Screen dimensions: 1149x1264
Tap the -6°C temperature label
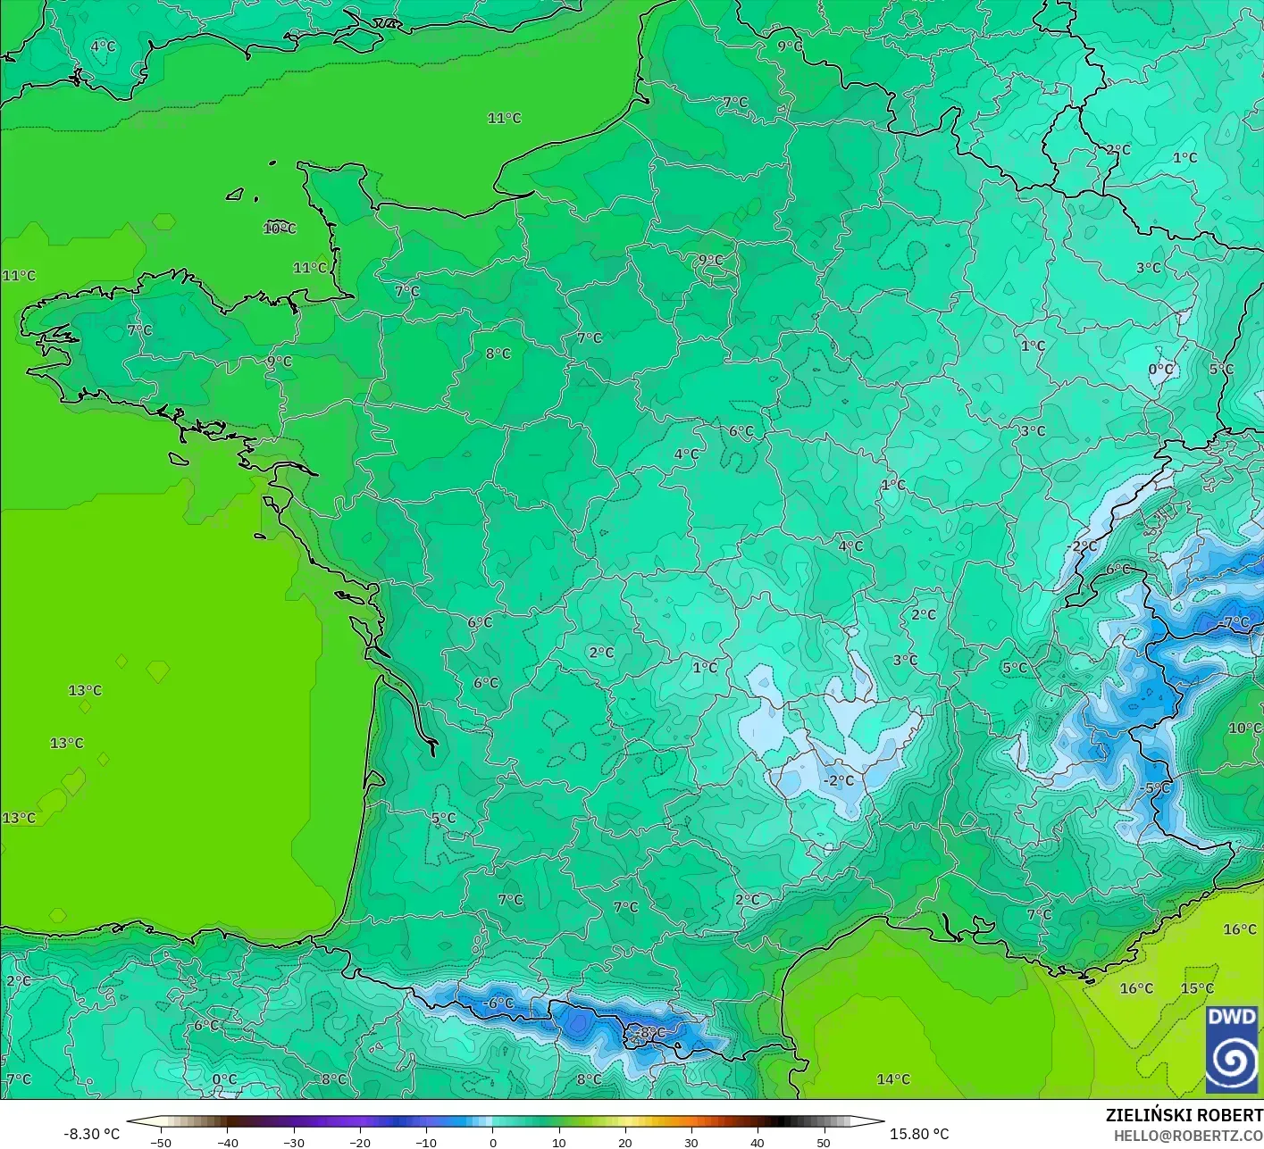[x=498, y=1003]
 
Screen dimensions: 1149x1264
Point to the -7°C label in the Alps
[x=1235, y=622]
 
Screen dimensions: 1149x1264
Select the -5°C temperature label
[x=1154, y=788]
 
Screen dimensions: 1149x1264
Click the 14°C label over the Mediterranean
[x=893, y=1079]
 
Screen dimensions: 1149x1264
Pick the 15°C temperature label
[x=1197, y=988]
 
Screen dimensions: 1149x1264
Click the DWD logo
[x=1232, y=1049]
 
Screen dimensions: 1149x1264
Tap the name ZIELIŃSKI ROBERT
[x=1184, y=1115]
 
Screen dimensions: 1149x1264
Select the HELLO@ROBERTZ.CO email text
[x=1188, y=1135]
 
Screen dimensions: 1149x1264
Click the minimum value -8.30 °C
[x=91, y=1134]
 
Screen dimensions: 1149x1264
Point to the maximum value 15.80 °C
[x=919, y=1134]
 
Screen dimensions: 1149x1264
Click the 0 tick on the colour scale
[x=492, y=1142]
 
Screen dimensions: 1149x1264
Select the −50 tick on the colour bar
[x=161, y=1142]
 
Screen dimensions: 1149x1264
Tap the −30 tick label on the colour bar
[x=293, y=1142]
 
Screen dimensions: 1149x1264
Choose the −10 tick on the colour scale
[x=425, y=1142]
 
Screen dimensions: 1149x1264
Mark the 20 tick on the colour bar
[x=624, y=1142]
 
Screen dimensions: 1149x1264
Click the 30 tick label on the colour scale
[x=691, y=1142]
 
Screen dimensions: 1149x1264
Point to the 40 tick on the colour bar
[x=757, y=1142]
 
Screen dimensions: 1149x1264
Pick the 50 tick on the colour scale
[x=823, y=1142]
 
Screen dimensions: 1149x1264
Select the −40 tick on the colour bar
[x=227, y=1142]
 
